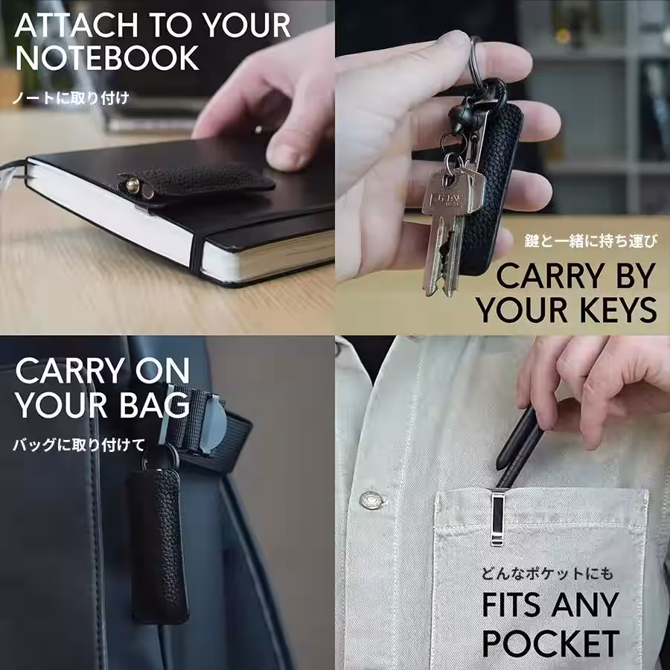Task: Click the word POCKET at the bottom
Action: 551,642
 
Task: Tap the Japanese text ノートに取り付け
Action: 71,98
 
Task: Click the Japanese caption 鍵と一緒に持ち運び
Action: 591,241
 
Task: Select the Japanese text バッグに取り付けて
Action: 79,445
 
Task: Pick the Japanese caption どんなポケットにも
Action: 547,573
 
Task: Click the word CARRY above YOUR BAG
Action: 71,371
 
